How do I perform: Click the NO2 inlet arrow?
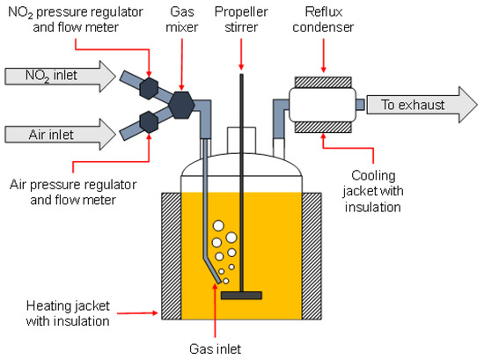(60, 77)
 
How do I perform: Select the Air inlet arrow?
(60, 135)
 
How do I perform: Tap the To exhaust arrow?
(422, 105)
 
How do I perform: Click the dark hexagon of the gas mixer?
(181, 105)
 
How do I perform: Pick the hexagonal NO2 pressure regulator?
(149, 88)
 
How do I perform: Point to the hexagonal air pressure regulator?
(149, 122)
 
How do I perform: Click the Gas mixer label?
(182, 19)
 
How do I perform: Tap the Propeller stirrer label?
(241, 19)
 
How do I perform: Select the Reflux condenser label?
(323, 19)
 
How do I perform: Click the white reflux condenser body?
(323, 105)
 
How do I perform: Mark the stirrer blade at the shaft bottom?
(241, 296)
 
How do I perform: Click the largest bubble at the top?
(218, 225)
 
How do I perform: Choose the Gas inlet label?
(215, 349)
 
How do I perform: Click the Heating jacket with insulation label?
(68, 313)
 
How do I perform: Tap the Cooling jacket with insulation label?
(373, 191)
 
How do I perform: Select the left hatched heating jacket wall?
(172, 256)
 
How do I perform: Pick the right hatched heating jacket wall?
(312, 256)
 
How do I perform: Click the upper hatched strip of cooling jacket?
(323, 82)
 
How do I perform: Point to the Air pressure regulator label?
(73, 192)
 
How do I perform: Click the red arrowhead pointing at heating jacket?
(155, 313)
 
